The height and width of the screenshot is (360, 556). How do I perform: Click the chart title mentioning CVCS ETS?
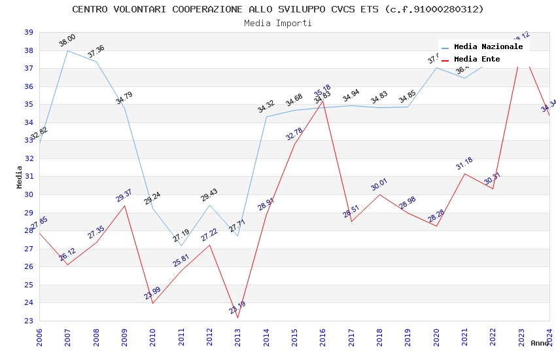[x=278, y=9]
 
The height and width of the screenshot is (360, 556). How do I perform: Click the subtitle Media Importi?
[x=278, y=23]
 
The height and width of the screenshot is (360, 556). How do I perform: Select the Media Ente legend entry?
[x=477, y=59]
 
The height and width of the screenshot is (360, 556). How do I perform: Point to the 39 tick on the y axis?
[x=29, y=32]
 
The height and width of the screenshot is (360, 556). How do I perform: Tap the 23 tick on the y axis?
[x=29, y=321]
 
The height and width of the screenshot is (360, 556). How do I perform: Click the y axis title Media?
[x=19, y=177]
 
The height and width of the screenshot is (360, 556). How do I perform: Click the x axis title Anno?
[x=540, y=343]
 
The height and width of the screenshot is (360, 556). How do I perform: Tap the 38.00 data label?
[x=67, y=41]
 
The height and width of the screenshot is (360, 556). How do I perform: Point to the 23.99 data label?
[x=152, y=293]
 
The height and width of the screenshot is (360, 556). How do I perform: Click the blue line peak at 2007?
[x=67, y=50]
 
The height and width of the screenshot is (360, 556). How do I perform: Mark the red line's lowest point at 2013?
[x=237, y=317]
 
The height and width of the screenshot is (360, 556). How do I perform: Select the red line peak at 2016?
[x=322, y=101]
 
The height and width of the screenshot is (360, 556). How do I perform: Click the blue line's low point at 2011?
[x=181, y=245]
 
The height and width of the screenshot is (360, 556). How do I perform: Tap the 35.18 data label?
[x=322, y=90]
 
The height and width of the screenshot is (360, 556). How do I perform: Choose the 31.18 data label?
[x=464, y=164]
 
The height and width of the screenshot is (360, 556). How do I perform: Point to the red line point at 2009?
[x=124, y=206]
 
